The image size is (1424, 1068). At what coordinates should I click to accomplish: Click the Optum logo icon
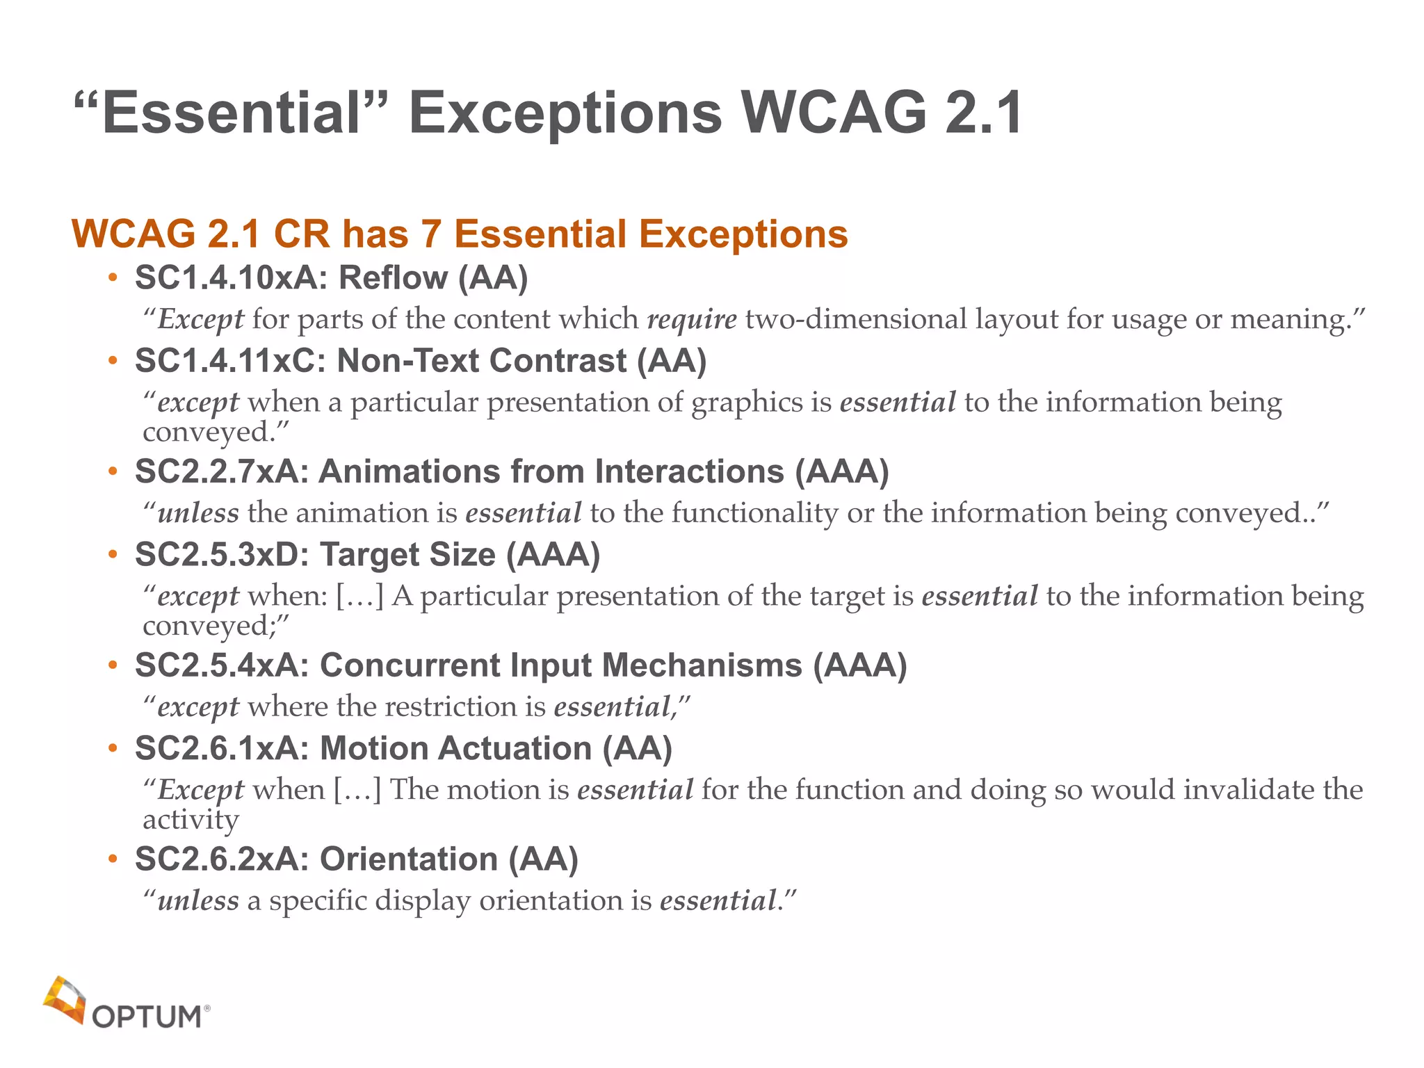pyautogui.click(x=65, y=1000)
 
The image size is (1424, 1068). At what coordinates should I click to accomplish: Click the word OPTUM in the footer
pyautogui.click(x=147, y=1017)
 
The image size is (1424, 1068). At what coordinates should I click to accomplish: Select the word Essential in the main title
pyautogui.click(x=231, y=113)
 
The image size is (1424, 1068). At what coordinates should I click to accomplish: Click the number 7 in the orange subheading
pyautogui.click(x=431, y=234)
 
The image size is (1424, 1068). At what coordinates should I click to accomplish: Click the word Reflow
pyautogui.click(x=393, y=278)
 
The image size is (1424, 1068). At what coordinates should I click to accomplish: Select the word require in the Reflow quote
pyautogui.click(x=692, y=319)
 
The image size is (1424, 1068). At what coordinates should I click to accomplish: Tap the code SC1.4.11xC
pyautogui.click(x=230, y=361)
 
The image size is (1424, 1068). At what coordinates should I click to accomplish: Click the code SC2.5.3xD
pyautogui.click(x=222, y=555)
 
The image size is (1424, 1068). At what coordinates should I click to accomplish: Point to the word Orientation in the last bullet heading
pyautogui.click(x=408, y=859)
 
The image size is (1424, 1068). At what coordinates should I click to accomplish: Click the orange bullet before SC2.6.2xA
pyautogui.click(x=113, y=860)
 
